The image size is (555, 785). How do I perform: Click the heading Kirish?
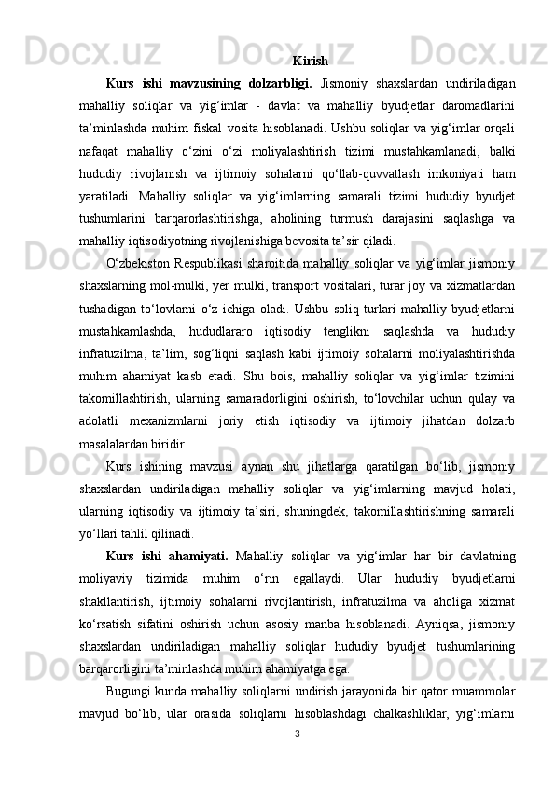tap(310, 62)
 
